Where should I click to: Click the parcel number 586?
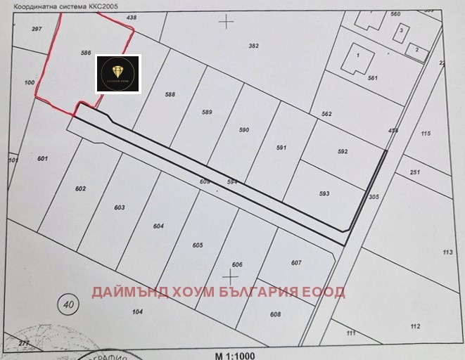click(87, 53)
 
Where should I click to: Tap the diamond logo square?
click(118, 74)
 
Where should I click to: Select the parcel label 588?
click(170, 94)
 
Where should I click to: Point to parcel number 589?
click(207, 112)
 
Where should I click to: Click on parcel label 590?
click(244, 130)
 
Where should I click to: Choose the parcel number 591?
click(281, 148)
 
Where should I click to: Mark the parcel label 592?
click(343, 151)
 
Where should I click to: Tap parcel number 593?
click(324, 193)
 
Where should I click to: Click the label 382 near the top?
click(254, 46)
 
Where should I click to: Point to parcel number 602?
click(80, 188)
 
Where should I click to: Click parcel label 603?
click(119, 207)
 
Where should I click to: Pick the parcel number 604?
click(158, 226)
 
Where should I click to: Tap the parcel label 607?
click(296, 263)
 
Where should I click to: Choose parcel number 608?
click(275, 314)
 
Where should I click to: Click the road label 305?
click(374, 198)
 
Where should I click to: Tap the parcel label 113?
click(447, 252)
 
